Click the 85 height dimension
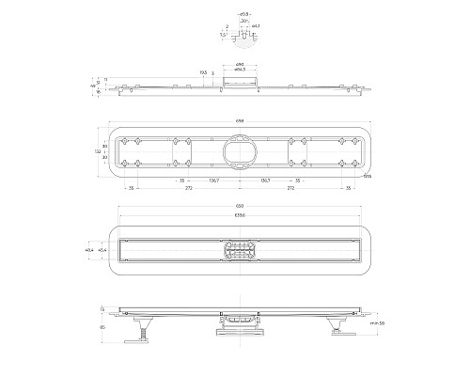click(x=102, y=327)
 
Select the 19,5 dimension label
click(x=203, y=71)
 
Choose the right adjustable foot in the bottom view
click(x=335, y=326)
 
